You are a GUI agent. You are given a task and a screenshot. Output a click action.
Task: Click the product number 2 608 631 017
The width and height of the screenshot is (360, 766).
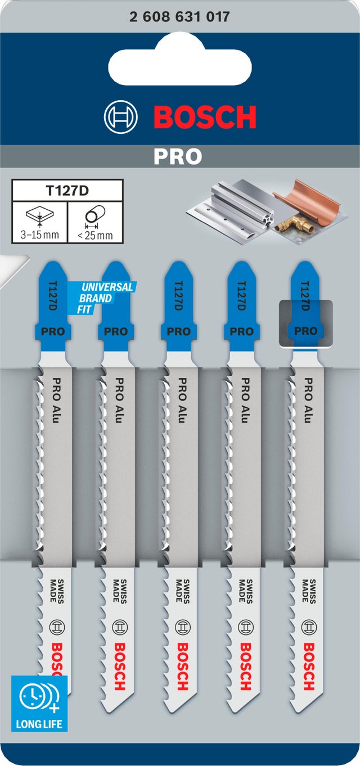(179, 16)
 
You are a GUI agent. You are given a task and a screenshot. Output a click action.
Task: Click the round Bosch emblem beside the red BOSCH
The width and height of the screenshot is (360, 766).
(121, 117)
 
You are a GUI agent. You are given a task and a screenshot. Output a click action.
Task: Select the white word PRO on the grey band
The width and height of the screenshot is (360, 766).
(178, 156)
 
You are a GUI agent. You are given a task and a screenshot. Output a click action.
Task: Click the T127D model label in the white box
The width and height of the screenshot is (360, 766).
(67, 191)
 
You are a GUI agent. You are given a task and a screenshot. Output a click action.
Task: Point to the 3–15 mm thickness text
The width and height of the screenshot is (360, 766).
(40, 235)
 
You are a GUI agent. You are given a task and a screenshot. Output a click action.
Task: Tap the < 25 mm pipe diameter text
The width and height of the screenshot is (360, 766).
(96, 235)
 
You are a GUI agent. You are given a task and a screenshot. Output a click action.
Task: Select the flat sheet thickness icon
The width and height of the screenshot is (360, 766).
(40, 216)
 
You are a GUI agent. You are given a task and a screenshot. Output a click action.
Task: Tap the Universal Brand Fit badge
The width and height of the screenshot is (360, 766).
(102, 298)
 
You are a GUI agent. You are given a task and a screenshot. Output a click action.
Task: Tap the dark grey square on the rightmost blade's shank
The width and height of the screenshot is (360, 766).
(305, 323)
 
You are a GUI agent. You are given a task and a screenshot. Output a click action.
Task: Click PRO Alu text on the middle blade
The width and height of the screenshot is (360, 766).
(183, 400)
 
